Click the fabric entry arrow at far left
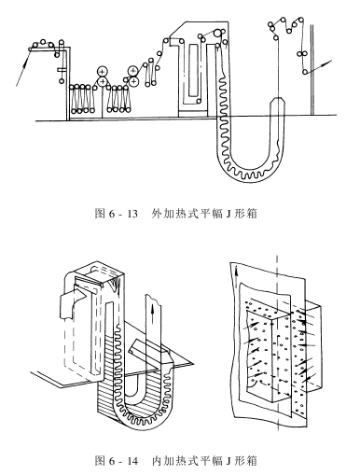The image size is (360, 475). (23, 68)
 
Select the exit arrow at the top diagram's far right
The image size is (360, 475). (319, 66)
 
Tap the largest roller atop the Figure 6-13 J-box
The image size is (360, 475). (218, 33)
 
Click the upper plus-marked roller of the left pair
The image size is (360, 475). (102, 71)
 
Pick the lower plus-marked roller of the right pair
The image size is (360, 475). (133, 81)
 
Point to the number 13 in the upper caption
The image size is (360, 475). (132, 214)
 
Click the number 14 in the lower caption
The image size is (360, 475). (132, 461)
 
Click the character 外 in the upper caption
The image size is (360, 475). (157, 214)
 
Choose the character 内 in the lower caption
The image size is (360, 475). (157, 461)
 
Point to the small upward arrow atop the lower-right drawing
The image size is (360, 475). (237, 272)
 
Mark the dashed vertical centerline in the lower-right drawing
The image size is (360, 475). (277, 342)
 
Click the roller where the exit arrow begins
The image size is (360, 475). (305, 72)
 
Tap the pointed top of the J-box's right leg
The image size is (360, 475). (277, 98)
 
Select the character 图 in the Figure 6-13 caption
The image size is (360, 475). (100, 214)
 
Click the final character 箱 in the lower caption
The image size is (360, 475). (252, 461)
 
